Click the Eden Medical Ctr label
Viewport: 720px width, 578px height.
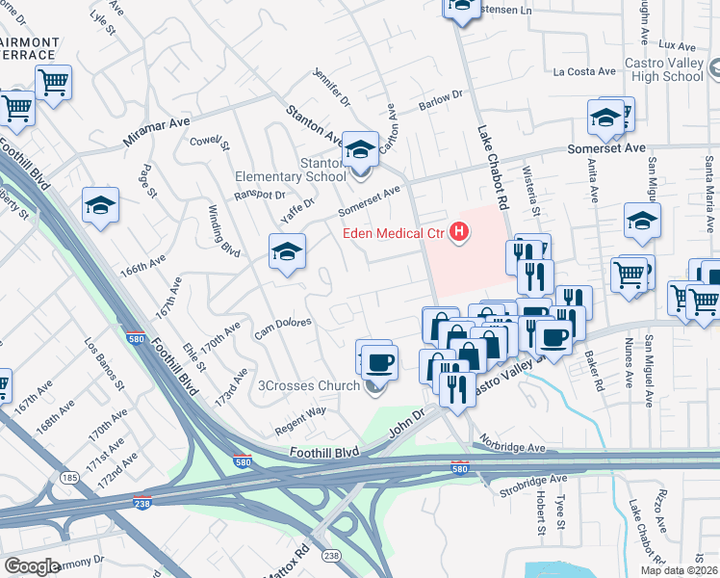click(x=396, y=233)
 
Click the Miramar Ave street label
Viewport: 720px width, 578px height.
click(x=157, y=133)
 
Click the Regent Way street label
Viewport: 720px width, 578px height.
click(x=301, y=417)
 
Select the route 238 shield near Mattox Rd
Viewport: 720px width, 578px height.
click(x=331, y=556)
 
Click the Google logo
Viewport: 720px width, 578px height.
click(x=32, y=566)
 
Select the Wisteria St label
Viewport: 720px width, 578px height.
click(x=529, y=190)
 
